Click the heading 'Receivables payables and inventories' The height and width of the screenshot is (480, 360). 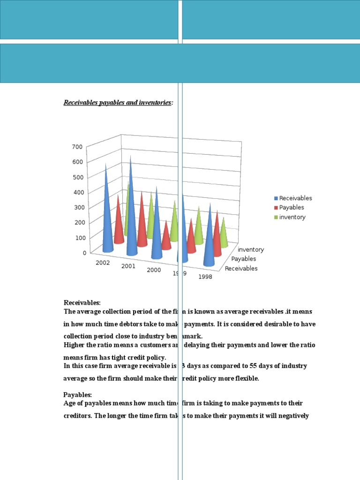point(118,103)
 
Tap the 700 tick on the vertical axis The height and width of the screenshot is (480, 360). point(77,147)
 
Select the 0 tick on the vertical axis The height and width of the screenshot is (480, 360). point(84,253)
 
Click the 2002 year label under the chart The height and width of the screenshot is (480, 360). point(103,262)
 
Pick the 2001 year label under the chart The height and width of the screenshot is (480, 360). point(128,266)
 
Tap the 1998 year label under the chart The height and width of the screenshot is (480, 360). point(205,277)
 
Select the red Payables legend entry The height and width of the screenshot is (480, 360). point(291,208)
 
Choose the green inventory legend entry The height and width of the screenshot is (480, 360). point(292,217)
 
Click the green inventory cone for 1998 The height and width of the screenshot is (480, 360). point(224,234)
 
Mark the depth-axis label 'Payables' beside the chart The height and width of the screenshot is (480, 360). point(244,259)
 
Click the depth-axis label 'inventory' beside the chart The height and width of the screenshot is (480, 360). point(251,249)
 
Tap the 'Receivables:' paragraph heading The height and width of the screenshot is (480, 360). point(82,303)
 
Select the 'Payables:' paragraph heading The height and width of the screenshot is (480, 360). point(78,394)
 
